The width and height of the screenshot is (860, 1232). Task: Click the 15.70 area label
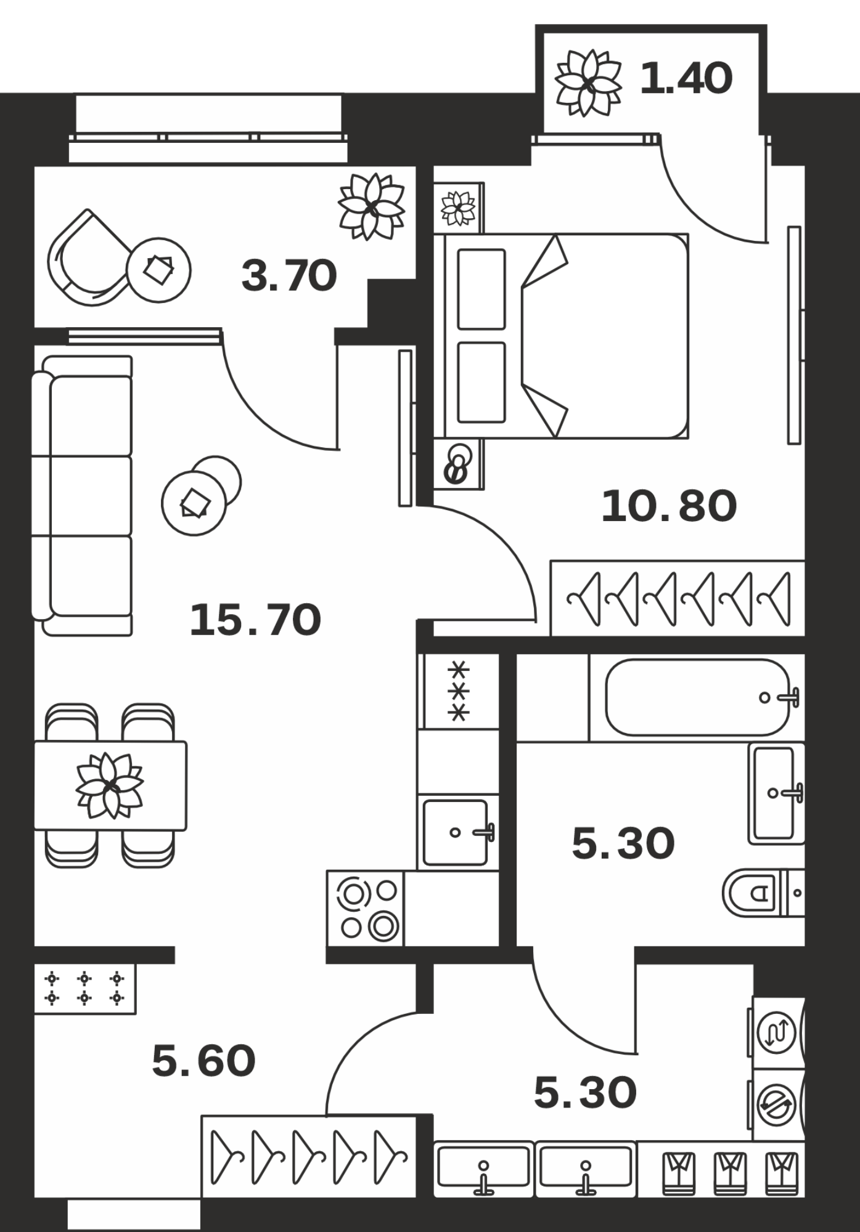click(x=255, y=620)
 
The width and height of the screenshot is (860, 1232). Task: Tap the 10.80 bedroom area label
click(x=669, y=506)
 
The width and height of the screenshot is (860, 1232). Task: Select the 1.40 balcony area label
click(x=686, y=78)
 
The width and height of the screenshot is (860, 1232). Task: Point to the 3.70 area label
click(x=289, y=275)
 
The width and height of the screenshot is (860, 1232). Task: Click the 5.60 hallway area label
click(x=203, y=1061)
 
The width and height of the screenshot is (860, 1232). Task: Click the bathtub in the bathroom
click(x=697, y=697)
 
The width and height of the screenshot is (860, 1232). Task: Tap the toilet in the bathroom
click(x=763, y=893)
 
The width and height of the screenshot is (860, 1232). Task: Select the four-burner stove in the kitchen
click(x=366, y=908)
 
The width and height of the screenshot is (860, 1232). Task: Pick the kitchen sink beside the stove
click(x=457, y=832)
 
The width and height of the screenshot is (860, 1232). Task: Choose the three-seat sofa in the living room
click(x=82, y=495)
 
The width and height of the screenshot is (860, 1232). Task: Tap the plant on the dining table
click(x=110, y=785)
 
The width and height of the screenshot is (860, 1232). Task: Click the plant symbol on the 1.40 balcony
click(x=588, y=83)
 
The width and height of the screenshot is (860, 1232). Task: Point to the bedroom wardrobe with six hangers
click(x=678, y=598)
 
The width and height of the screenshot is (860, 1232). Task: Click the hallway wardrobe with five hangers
click(x=309, y=1157)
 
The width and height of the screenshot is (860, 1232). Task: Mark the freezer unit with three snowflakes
click(x=459, y=692)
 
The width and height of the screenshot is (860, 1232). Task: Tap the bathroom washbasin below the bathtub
click(x=777, y=793)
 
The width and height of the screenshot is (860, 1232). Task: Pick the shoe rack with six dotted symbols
click(x=84, y=989)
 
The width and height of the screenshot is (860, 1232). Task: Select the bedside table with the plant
click(x=459, y=208)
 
